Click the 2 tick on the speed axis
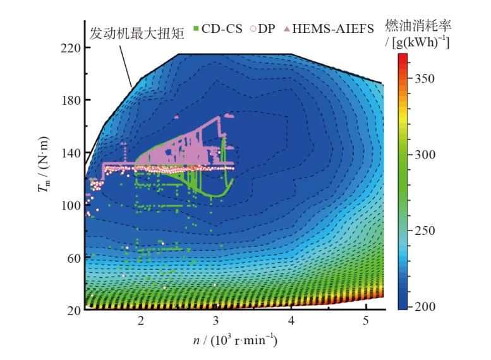coord(141,321)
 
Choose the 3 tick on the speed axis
coord(216,321)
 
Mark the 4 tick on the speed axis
coord(291,321)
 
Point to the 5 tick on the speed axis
coord(366,321)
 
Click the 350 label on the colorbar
coord(425,78)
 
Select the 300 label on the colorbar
coord(425,155)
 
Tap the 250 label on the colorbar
coord(425,231)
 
